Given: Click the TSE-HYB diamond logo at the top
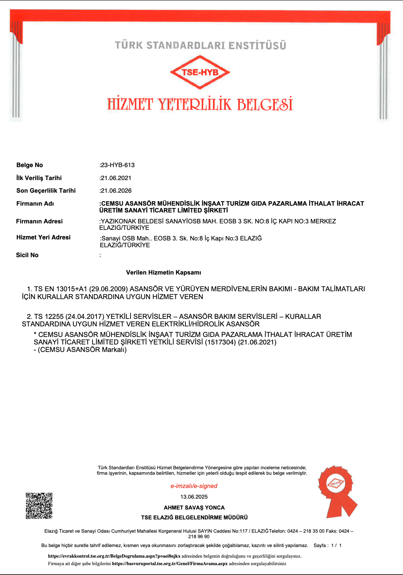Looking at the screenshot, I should pos(200,72).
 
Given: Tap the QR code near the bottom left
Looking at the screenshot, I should pos(39,506).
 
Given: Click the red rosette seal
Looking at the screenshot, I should pos(336,490).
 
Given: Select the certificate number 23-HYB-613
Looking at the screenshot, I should pos(118,165).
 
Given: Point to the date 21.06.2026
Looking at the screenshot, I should pos(116,191).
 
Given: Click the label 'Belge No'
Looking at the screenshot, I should pos(30,165).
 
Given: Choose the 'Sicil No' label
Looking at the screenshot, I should pos(27,255).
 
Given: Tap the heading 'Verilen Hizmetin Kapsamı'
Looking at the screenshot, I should pos(164,272).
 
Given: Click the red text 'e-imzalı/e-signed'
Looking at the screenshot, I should pos(194,486).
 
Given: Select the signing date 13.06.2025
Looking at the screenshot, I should pos(194,497).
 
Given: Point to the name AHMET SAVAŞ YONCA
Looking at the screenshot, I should pos(194,507).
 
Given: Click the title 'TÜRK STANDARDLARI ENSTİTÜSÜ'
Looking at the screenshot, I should pos(200,45).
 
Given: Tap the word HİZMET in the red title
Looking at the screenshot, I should pos(130,104).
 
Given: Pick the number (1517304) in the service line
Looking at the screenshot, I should pos(220,342).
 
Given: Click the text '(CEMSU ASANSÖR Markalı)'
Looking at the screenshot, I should pos(82,350).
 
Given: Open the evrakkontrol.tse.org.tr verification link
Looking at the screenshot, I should pos(114,556).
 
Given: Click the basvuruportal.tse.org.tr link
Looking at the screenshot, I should pos(169,563).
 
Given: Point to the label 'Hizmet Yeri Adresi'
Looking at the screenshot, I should pos(43,237).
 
